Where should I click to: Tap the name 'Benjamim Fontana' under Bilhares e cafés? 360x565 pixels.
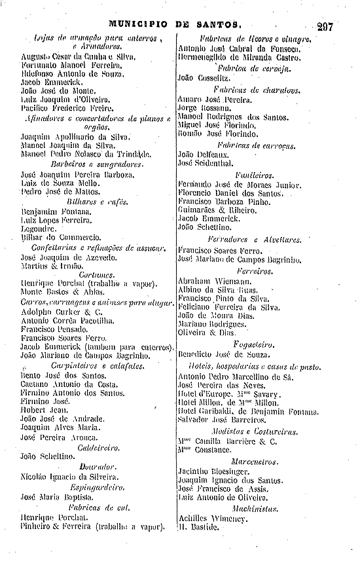point(50,213)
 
